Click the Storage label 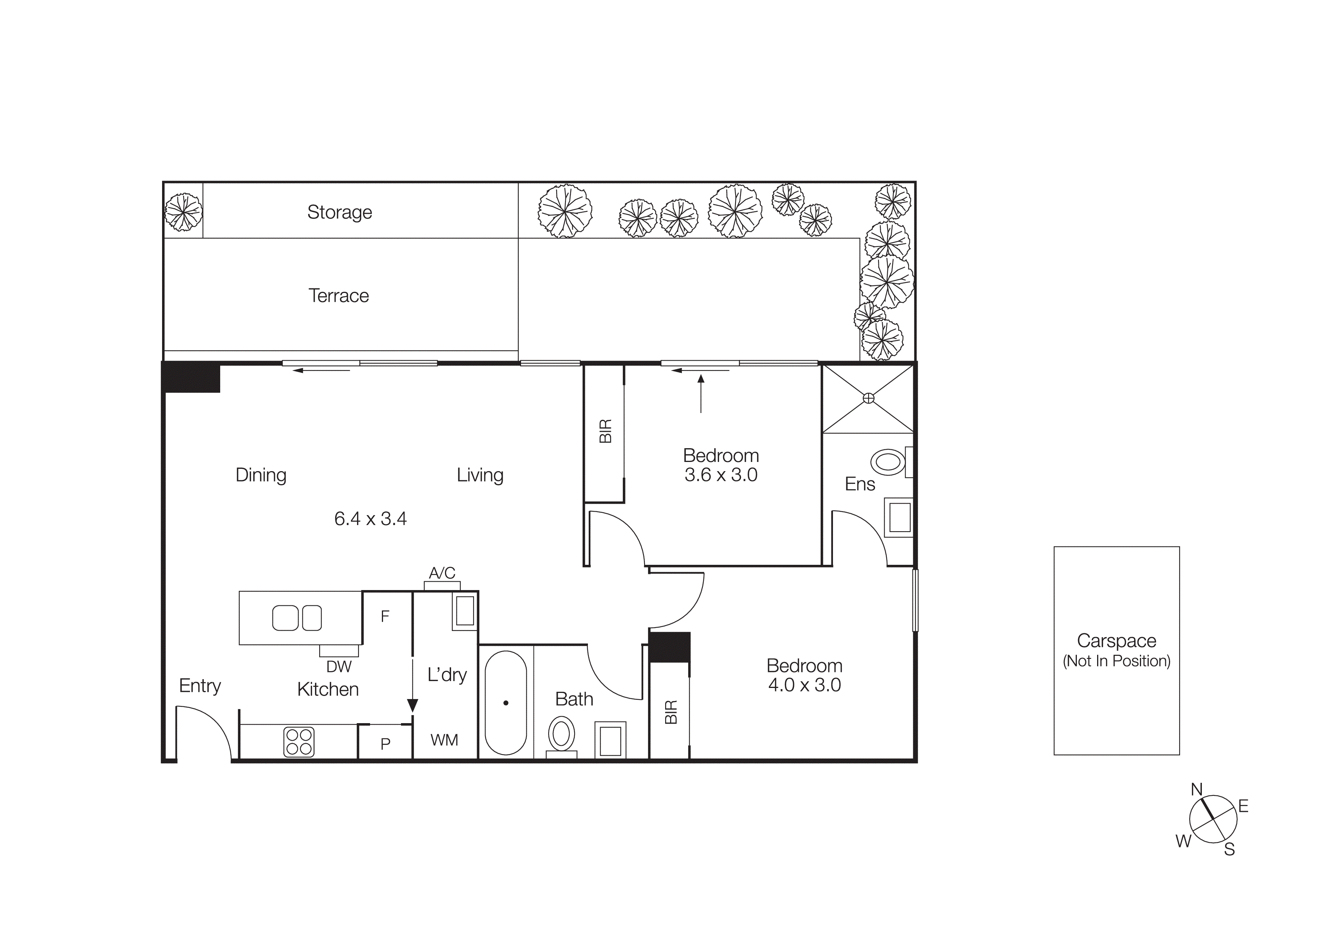pyautogui.click(x=339, y=212)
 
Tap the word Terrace pyautogui.click(x=338, y=296)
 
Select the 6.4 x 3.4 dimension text pyautogui.click(x=370, y=519)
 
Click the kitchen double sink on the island pyautogui.click(x=297, y=618)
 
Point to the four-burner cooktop pyautogui.click(x=299, y=742)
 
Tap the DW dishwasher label pyautogui.click(x=339, y=667)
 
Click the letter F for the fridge pyautogui.click(x=385, y=616)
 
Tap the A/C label pyautogui.click(x=442, y=573)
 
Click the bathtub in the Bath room pyautogui.click(x=506, y=702)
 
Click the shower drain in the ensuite pyautogui.click(x=869, y=398)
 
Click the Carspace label pyautogui.click(x=1116, y=641)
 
